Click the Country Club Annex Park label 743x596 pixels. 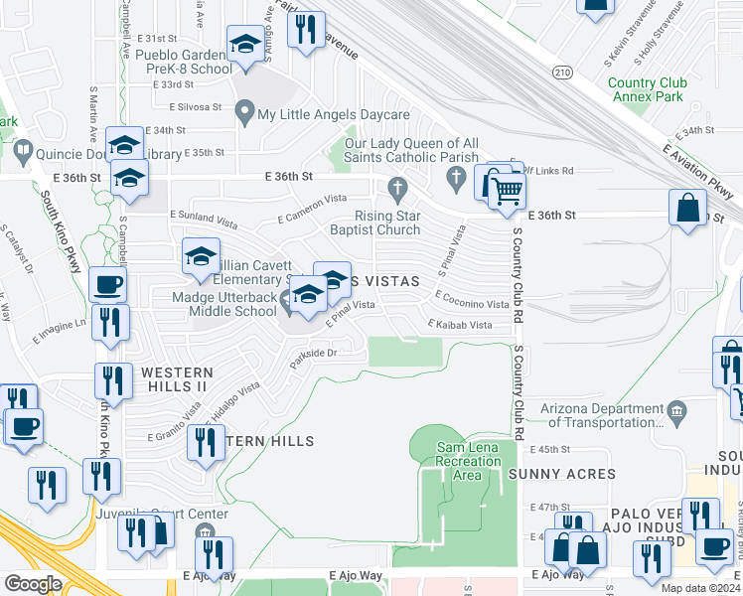click(645, 90)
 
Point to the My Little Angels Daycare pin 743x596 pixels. click(243, 114)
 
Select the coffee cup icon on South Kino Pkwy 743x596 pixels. click(107, 285)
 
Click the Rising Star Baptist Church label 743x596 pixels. click(387, 223)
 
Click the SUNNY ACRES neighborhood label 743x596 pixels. click(561, 474)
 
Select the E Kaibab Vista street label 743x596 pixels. click(460, 325)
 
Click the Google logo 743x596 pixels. click(32, 584)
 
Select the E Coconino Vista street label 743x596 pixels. click(472, 304)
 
